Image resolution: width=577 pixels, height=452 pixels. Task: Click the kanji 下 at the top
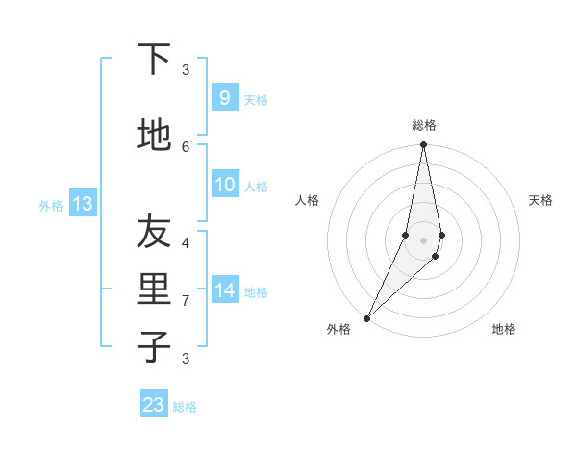(x=154, y=60)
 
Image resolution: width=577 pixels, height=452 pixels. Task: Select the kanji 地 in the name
(x=154, y=136)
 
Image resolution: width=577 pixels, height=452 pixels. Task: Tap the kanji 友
(x=154, y=232)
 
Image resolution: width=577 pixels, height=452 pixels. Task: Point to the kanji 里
(x=154, y=289)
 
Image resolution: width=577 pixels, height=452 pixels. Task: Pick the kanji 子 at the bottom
(x=154, y=347)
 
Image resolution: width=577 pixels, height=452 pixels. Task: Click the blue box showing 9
(x=224, y=97)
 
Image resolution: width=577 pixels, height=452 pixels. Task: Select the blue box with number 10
(x=224, y=185)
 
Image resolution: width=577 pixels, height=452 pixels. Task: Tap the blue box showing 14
(x=224, y=289)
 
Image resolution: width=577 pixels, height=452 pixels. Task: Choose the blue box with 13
(x=83, y=203)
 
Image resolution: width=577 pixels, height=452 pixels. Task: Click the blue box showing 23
(x=154, y=405)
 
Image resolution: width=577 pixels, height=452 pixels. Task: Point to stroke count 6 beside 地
(x=186, y=146)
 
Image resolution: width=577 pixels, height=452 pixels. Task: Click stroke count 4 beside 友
(x=186, y=242)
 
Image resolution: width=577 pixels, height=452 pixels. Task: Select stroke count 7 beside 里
(x=186, y=301)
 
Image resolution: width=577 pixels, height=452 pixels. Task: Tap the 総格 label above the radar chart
(x=423, y=125)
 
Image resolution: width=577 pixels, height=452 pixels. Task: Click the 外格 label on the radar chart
(x=339, y=329)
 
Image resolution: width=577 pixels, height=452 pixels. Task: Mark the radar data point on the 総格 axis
(x=423, y=145)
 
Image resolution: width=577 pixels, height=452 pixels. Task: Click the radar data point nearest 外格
(x=366, y=317)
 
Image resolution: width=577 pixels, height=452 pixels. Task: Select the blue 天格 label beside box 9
(x=256, y=99)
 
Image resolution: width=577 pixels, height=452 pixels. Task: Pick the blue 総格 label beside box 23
(x=185, y=407)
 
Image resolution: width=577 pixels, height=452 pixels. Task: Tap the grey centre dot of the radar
(x=423, y=239)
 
